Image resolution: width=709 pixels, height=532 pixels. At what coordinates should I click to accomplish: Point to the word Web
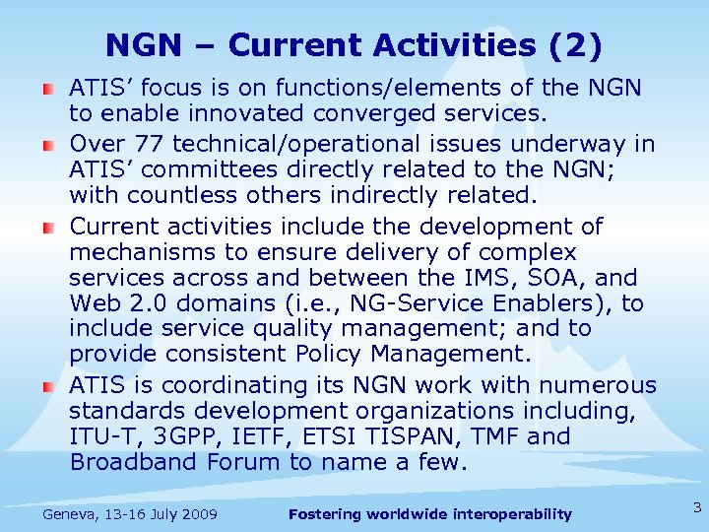pyautogui.click(x=94, y=303)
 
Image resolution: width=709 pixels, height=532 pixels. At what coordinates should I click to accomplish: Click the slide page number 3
pyautogui.click(x=696, y=508)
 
